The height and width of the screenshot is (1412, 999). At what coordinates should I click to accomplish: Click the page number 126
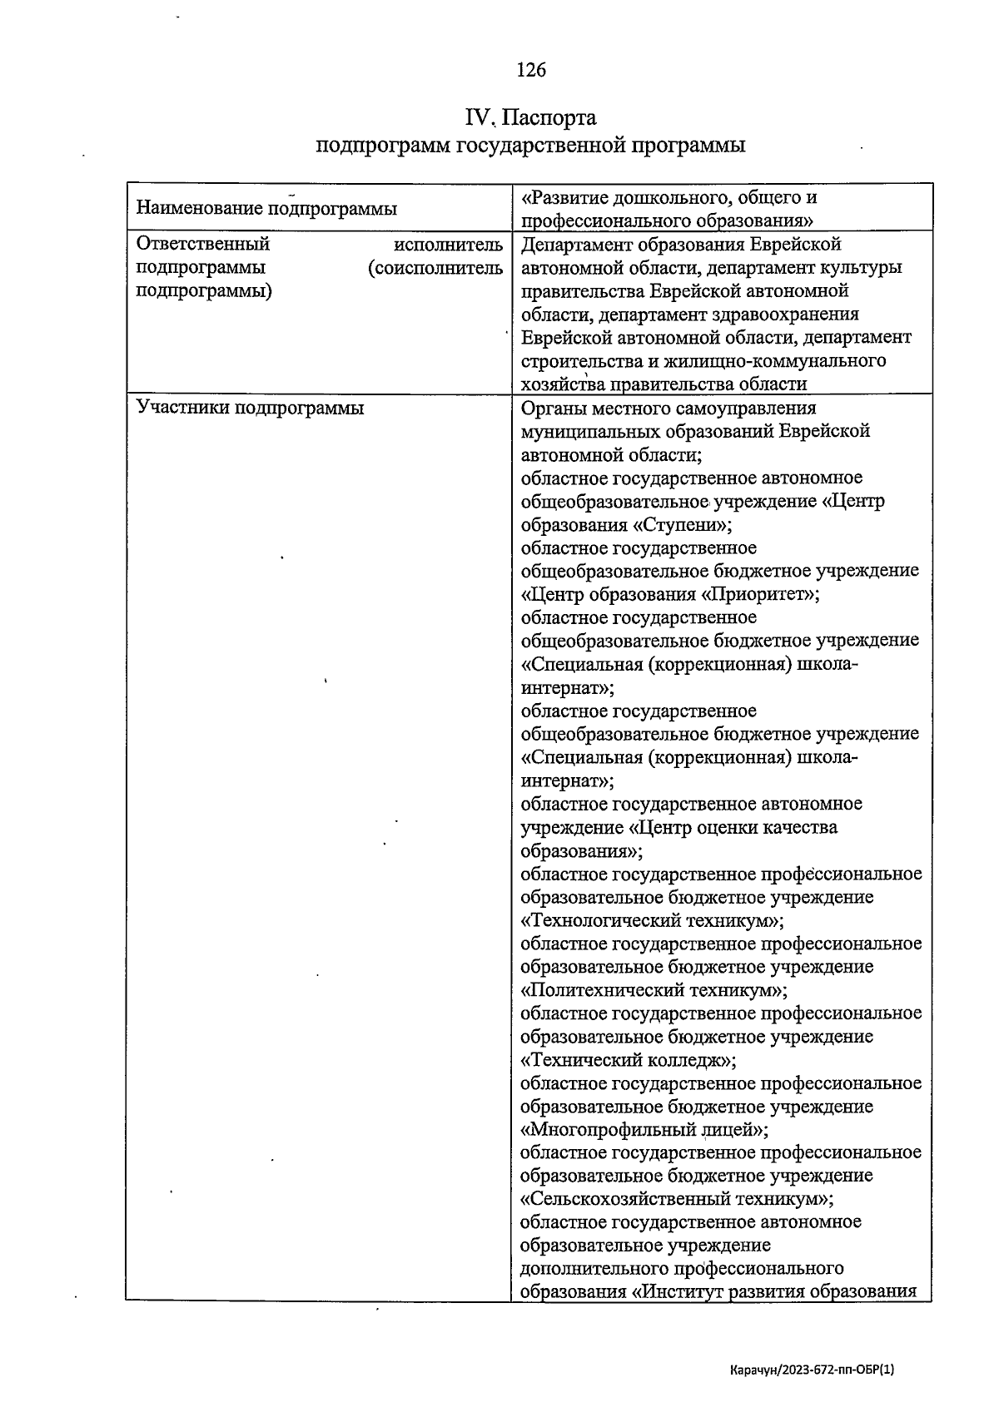point(531,70)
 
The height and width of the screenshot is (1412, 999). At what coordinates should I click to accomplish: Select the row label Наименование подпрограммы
point(266,208)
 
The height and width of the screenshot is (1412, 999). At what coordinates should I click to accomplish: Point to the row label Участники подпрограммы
point(250,408)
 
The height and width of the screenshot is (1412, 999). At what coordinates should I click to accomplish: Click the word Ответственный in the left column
point(202,244)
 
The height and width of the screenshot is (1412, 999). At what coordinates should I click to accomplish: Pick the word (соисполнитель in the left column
point(435,267)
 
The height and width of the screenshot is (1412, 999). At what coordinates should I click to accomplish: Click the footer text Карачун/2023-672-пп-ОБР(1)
point(811,1369)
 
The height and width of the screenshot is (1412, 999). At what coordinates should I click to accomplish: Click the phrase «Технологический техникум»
point(652,920)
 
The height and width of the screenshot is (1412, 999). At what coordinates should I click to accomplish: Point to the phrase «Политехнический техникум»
point(653,990)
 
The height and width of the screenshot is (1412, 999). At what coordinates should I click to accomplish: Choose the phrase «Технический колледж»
point(628,1060)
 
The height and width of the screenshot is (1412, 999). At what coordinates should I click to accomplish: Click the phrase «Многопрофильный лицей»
point(643,1130)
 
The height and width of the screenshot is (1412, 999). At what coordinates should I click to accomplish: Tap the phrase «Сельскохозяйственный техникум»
point(676,1199)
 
